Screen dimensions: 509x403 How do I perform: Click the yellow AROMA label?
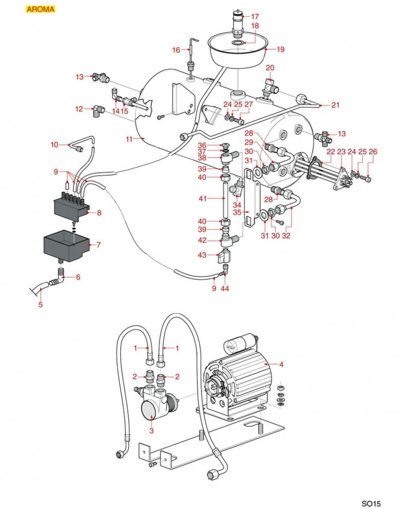40,9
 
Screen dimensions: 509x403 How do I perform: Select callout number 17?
255,16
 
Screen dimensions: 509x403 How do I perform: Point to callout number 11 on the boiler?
129,140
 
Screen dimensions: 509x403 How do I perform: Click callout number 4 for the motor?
281,364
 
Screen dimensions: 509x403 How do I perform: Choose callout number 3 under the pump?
152,430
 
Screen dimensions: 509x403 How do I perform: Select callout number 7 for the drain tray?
98,245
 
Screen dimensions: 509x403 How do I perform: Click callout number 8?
99,213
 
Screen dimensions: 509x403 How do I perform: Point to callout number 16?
176,50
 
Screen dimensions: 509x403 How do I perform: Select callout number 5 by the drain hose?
41,305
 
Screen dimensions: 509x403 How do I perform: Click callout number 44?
225,288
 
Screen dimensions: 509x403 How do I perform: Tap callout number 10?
55,144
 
